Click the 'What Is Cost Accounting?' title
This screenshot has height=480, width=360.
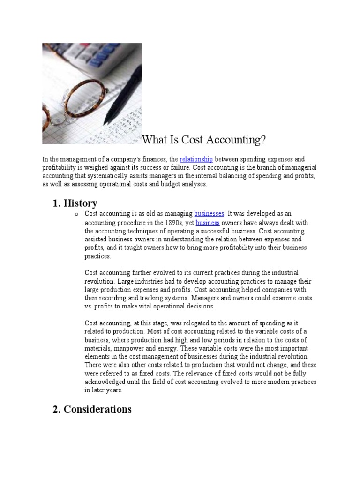click(x=204, y=140)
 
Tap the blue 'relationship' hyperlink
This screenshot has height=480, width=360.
click(x=196, y=160)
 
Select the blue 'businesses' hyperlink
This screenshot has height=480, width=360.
click(x=209, y=214)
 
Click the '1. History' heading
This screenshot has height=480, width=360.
click(x=75, y=203)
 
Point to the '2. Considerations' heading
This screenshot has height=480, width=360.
click(x=92, y=409)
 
